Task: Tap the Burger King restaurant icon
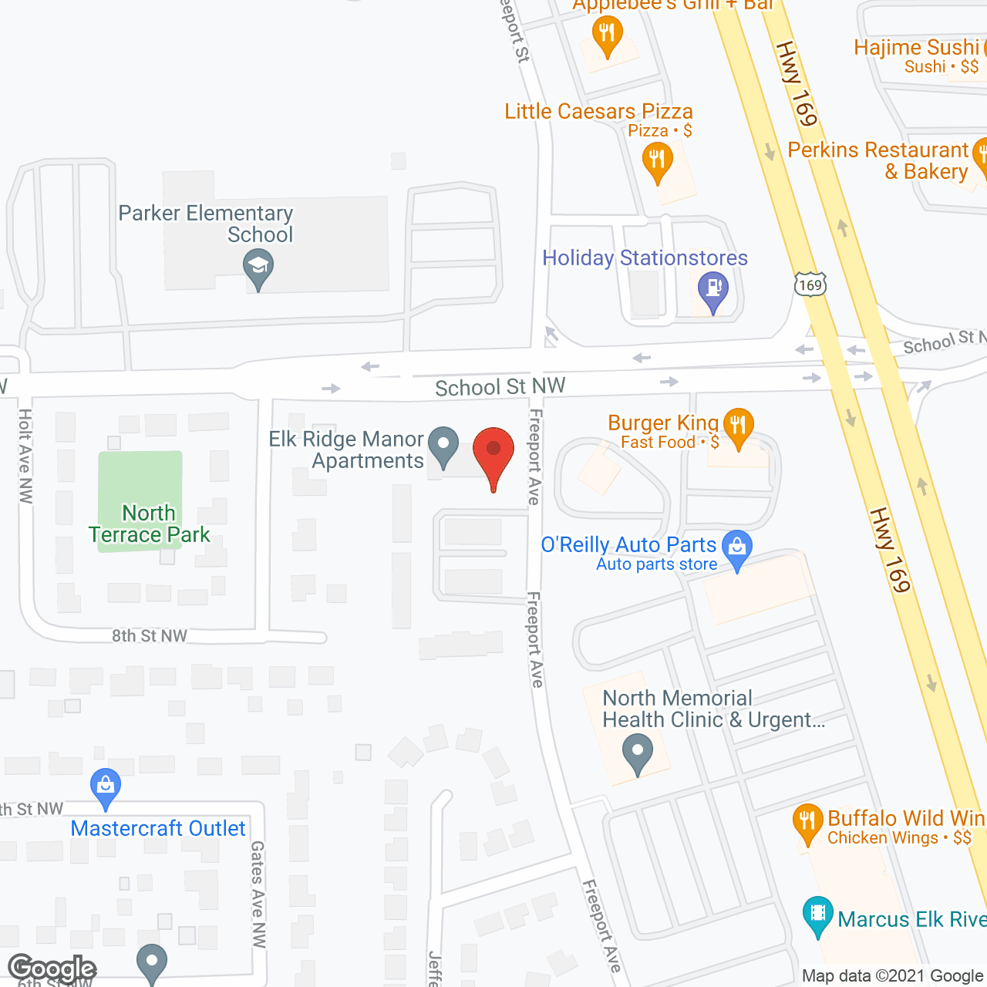point(738,426)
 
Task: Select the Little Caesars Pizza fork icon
point(657,161)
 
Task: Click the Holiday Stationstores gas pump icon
point(713,290)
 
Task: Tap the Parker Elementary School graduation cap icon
point(258,268)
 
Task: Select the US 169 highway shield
point(810,285)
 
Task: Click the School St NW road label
point(500,386)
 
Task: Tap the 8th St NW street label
point(150,636)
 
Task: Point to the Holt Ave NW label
point(25,456)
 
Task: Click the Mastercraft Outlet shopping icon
point(105,786)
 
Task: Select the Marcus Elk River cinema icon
point(817,915)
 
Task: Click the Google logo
point(52,968)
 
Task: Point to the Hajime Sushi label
point(916,48)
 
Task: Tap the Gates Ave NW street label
point(258,894)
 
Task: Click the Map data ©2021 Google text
point(893,976)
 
